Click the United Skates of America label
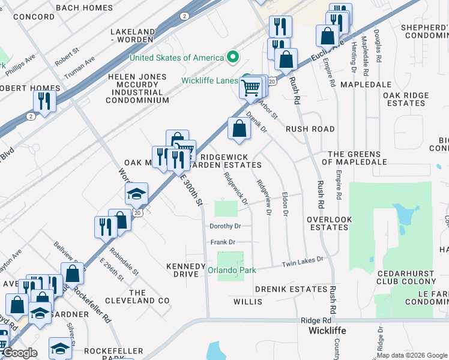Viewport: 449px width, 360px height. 177,58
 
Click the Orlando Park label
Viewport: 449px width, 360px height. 232,270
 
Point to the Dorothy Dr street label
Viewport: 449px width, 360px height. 225,226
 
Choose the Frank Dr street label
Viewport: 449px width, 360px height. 222,242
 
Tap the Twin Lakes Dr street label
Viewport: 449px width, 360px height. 303,262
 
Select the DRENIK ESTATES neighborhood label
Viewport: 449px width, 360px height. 291,289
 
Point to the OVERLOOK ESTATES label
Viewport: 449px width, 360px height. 328,224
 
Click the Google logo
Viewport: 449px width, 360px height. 20,353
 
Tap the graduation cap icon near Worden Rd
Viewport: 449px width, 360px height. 136,193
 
